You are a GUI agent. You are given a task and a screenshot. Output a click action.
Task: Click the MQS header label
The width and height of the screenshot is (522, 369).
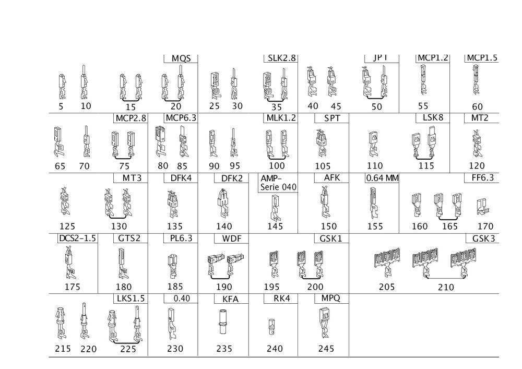pos(182,57)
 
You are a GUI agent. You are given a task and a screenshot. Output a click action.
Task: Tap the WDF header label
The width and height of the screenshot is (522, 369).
pos(231,239)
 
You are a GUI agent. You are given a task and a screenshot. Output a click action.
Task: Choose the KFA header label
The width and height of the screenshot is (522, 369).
pos(231,300)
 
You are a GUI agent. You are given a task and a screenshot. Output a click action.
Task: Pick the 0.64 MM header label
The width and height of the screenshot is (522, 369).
pos(382,178)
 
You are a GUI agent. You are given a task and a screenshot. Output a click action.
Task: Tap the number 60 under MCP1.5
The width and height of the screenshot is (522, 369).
pos(477,106)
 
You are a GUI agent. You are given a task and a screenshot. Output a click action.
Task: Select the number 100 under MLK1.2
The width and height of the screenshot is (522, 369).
pos(277,166)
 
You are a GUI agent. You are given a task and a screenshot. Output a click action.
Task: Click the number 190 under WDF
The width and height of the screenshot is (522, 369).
pos(225,287)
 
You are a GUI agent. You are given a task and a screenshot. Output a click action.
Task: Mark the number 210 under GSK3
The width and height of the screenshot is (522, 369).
pos(445,287)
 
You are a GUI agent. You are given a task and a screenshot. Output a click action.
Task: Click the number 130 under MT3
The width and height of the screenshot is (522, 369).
pos(120,227)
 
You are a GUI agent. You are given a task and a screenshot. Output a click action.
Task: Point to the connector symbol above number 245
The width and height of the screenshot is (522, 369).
pos(325,320)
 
